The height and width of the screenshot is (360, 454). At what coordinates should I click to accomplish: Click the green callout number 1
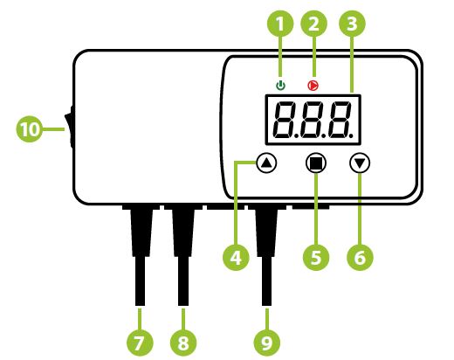(280, 24)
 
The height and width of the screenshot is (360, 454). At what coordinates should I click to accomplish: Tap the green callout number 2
(313, 24)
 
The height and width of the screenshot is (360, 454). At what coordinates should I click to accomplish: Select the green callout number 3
(352, 24)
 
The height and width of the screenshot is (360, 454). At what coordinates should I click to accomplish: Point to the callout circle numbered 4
(236, 258)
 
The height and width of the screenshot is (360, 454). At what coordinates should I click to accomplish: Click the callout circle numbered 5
(316, 258)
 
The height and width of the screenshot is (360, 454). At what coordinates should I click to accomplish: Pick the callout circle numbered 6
(360, 258)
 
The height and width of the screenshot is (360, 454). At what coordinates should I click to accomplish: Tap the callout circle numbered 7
(140, 343)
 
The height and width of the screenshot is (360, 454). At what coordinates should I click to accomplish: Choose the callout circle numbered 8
(183, 343)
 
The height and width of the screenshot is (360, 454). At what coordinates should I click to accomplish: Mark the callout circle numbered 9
(267, 343)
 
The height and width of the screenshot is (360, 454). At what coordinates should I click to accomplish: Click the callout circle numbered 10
(30, 129)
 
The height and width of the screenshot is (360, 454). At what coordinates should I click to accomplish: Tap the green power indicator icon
(280, 86)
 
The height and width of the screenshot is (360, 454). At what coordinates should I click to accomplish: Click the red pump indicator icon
(313, 86)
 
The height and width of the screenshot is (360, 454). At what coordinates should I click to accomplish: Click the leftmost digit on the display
(284, 120)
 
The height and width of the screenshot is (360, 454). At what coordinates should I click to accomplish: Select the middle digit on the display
(312, 120)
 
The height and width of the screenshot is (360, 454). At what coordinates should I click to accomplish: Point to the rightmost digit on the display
(339, 120)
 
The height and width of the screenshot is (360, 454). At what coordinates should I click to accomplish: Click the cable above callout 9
(266, 255)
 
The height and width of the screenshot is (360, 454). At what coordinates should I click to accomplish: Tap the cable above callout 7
(141, 255)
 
